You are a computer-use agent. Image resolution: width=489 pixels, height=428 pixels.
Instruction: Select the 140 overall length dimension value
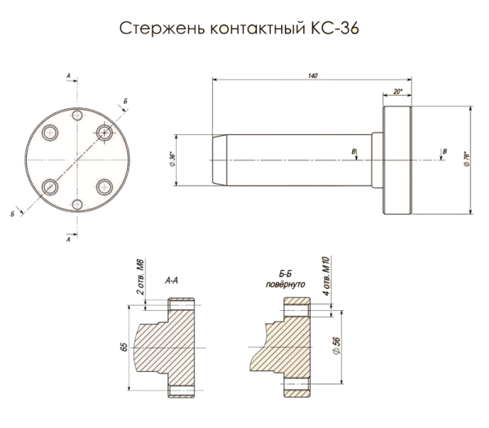point(312,76)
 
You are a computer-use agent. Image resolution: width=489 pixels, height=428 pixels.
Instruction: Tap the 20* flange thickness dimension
point(398,92)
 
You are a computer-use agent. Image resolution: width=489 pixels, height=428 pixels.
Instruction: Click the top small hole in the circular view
point(77,116)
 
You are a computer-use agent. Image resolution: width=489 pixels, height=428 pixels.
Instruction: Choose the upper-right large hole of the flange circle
point(104,131)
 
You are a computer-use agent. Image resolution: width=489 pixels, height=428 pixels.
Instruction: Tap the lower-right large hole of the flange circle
point(104,187)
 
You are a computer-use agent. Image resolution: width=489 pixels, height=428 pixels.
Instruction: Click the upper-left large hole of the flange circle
point(49,131)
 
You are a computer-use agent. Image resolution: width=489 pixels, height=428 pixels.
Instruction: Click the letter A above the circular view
point(68,75)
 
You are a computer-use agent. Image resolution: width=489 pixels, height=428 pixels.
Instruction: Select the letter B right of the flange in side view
point(444,151)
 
